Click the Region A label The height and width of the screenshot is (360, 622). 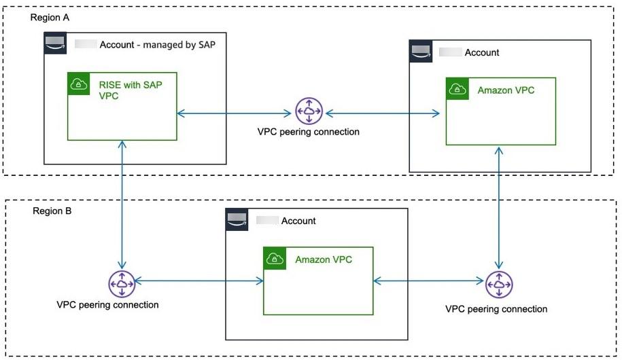[x=50, y=18]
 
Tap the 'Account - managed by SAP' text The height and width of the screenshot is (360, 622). [x=162, y=45]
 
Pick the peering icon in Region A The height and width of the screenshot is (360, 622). [x=309, y=111]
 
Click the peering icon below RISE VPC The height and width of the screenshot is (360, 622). [x=122, y=283]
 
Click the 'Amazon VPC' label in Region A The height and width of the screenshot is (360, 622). [x=506, y=90]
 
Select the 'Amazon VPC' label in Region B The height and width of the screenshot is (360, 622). [x=324, y=259]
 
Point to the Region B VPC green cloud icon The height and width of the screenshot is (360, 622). [x=275, y=258]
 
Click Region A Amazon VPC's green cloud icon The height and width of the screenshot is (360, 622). [x=457, y=89]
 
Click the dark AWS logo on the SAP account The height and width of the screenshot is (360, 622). [x=56, y=43]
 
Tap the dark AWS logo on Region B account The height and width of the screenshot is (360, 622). [x=238, y=219]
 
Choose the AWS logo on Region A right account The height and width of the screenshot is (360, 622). [x=421, y=51]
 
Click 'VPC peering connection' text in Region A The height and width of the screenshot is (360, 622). [x=309, y=132]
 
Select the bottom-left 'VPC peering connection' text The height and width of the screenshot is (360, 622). [x=107, y=304]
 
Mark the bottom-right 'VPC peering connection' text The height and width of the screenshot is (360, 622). [x=496, y=309]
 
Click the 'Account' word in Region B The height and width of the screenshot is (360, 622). [x=298, y=221]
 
